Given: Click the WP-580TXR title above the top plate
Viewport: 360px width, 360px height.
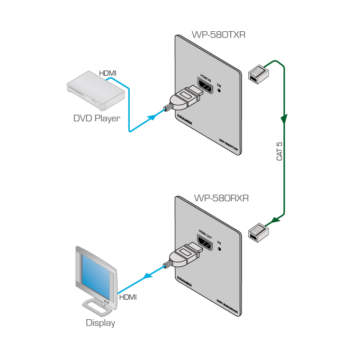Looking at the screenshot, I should (x=218, y=35).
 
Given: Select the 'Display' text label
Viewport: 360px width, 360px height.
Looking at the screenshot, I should (x=100, y=322).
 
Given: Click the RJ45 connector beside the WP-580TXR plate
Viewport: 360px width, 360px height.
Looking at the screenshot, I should (x=258, y=74).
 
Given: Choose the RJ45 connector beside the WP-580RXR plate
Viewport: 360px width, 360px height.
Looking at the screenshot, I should (x=259, y=231).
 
